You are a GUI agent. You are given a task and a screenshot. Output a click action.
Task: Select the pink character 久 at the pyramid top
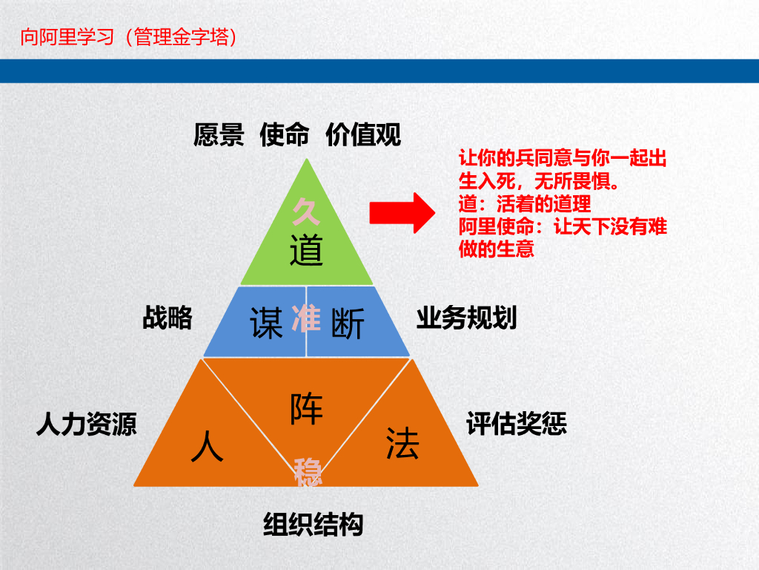click(x=307, y=212)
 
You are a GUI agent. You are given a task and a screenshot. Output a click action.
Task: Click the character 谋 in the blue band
click(x=267, y=324)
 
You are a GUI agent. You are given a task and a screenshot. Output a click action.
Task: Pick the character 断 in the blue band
click(x=347, y=324)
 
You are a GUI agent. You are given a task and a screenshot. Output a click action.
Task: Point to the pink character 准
click(x=306, y=318)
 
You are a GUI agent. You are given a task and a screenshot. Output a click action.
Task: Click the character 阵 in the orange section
click(x=307, y=408)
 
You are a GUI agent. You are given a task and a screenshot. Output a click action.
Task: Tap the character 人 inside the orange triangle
click(x=207, y=447)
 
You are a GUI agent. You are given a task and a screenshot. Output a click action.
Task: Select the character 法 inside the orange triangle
click(x=402, y=443)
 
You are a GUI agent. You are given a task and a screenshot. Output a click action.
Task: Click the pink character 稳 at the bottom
click(x=308, y=472)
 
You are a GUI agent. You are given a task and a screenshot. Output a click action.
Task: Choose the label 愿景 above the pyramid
click(x=219, y=135)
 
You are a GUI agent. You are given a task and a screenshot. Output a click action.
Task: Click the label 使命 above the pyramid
click(x=284, y=135)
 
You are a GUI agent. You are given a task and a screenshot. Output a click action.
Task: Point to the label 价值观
click(x=363, y=135)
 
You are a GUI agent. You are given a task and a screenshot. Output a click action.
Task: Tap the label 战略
click(x=168, y=318)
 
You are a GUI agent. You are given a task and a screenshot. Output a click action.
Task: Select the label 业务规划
click(x=466, y=318)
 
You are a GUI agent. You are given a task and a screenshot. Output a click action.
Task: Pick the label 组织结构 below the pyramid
click(x=314, y=524)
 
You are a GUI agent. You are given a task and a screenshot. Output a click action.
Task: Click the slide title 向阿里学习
click(x=67, y=37)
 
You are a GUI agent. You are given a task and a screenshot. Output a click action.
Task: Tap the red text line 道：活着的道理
click(x=525, y=204)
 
